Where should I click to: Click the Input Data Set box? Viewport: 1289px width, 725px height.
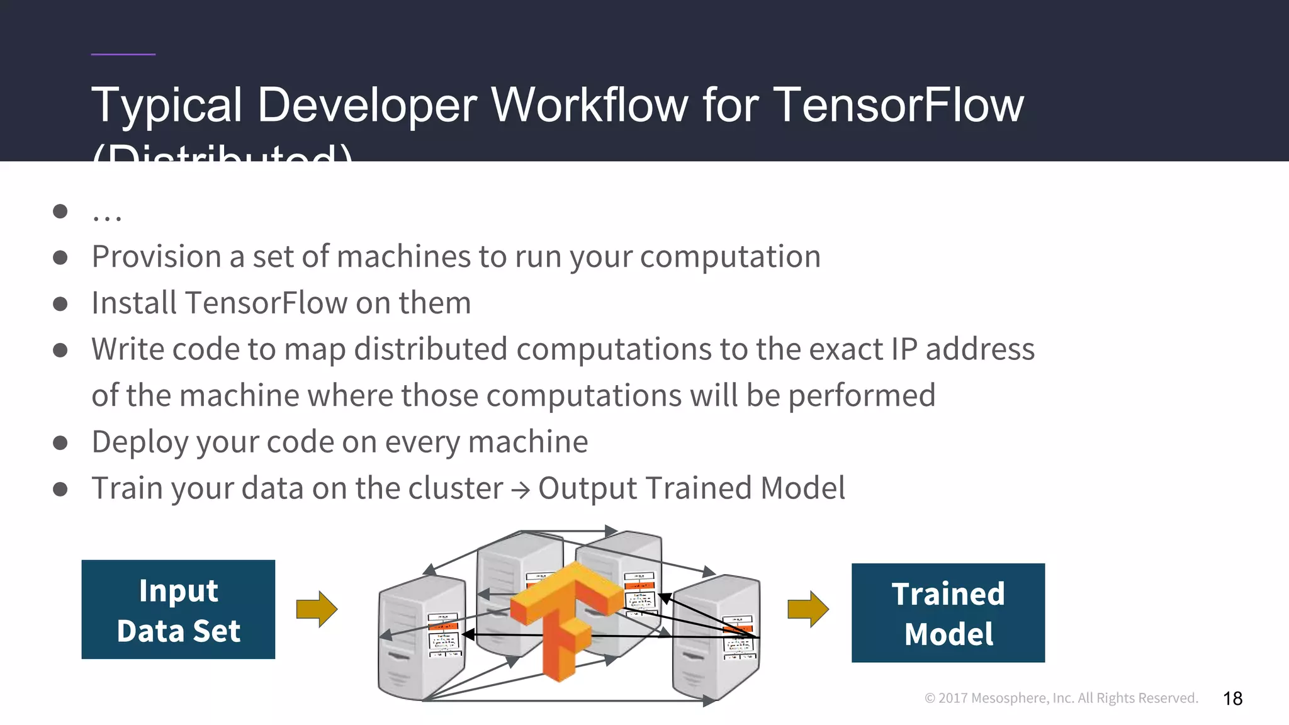click(178, 609)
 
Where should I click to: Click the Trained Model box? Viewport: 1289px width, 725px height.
click(948, 612)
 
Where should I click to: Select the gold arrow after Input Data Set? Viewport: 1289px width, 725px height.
click(317, 609)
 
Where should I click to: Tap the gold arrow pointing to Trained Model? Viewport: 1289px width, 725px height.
click(808, 609)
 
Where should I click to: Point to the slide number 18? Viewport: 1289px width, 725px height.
click(1232, 699)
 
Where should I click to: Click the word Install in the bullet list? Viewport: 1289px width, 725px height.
click(134, 303)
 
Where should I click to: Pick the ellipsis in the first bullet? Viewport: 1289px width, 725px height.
click(107, 215)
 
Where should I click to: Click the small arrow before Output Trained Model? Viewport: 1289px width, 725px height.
click(521, 490)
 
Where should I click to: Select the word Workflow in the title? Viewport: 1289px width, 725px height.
click(590, 104)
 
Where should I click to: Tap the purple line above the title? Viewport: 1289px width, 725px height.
click(123, 54)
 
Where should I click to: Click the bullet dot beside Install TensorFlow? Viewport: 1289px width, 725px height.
click(60, 304)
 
